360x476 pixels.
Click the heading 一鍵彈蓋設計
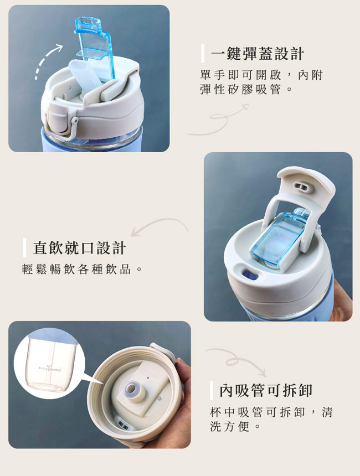[258, 54]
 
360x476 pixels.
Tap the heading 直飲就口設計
[80, 248]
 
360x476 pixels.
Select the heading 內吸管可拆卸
[266, 390]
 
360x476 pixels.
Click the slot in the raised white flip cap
[302, 187]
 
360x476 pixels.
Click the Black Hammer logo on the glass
[50, 368]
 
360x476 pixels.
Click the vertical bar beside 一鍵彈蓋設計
[203, 54]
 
